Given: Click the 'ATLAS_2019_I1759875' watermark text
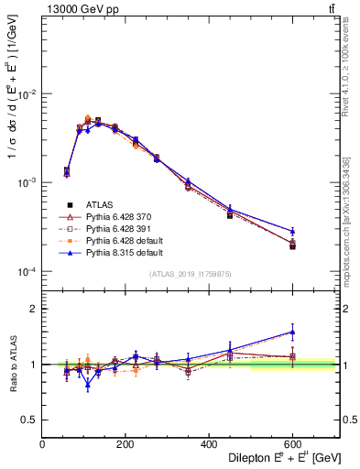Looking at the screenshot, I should coord(191,273).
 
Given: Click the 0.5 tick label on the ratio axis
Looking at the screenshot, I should coord(29,420).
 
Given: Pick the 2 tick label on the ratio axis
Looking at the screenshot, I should coord(33,310).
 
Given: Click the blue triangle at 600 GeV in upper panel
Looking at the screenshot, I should coord(292,231).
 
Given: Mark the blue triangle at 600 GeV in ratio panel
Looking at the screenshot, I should coord(292,333).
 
